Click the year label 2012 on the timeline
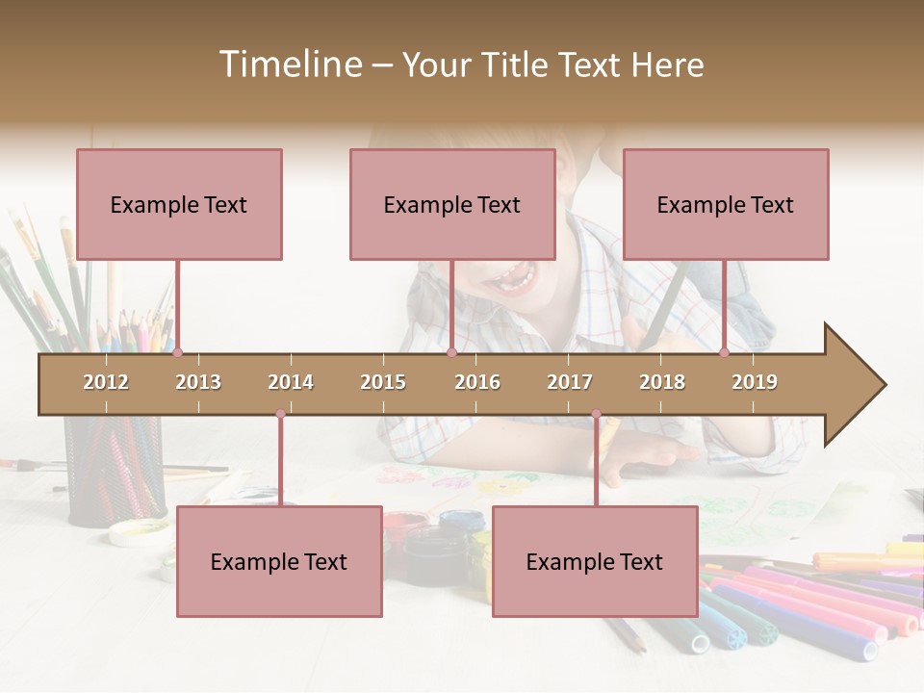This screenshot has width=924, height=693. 106,382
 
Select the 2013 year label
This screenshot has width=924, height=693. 198,382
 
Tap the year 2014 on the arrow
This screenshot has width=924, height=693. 291,382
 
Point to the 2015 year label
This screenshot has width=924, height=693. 383,382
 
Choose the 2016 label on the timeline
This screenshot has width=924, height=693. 477,382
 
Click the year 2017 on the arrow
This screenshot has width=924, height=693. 570,382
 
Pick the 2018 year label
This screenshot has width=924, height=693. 662,382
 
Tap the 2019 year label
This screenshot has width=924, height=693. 755,382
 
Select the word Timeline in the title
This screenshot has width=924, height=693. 289,64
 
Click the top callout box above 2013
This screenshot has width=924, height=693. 179,204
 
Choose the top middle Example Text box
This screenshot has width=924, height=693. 452,204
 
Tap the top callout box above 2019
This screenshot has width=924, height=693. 726,204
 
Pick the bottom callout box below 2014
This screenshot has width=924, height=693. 279,561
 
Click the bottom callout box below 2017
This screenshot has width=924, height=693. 595,561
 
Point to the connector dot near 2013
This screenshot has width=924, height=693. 177,353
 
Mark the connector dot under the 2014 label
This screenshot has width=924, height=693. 280,415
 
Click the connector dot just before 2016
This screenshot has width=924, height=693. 451,353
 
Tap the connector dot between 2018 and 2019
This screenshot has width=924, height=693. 724,353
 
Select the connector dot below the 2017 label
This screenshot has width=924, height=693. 596,415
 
